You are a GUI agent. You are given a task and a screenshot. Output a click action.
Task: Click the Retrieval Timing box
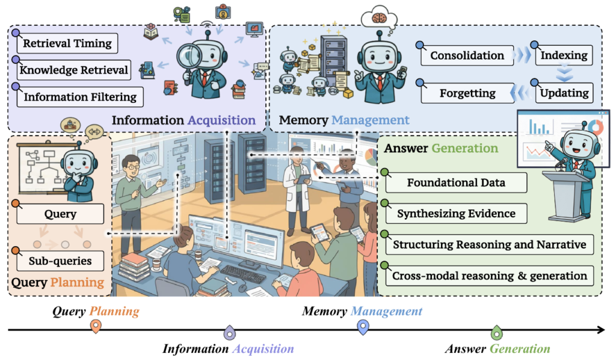[x=67, y=43]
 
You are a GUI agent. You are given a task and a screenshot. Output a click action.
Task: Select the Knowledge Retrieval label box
[x=74, y=70]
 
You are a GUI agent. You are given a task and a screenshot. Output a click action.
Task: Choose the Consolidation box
[x=467, y=55]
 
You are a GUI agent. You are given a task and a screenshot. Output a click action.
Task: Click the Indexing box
[x=564, y=55]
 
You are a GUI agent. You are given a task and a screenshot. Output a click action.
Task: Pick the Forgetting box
[x=467, y=93]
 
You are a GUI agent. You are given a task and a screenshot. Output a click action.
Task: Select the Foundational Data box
[x=456, y=182]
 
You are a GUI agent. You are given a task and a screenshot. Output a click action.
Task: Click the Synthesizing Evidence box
[x=456, y=213]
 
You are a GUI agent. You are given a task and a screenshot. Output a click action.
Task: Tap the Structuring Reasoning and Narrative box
[x=490, y=244]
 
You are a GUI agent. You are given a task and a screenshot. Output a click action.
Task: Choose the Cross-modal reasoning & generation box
[x=490, y=276]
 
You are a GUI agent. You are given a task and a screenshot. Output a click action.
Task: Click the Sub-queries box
[x=60, y=261]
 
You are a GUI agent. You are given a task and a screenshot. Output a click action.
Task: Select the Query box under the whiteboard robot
[x=60, y=214]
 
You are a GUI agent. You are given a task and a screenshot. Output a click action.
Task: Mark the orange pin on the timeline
[x=95, y=327]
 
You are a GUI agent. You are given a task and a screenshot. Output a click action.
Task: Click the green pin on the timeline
[x=496, y=332]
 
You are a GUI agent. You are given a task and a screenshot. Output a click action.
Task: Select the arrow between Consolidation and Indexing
[x=522, y=55]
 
